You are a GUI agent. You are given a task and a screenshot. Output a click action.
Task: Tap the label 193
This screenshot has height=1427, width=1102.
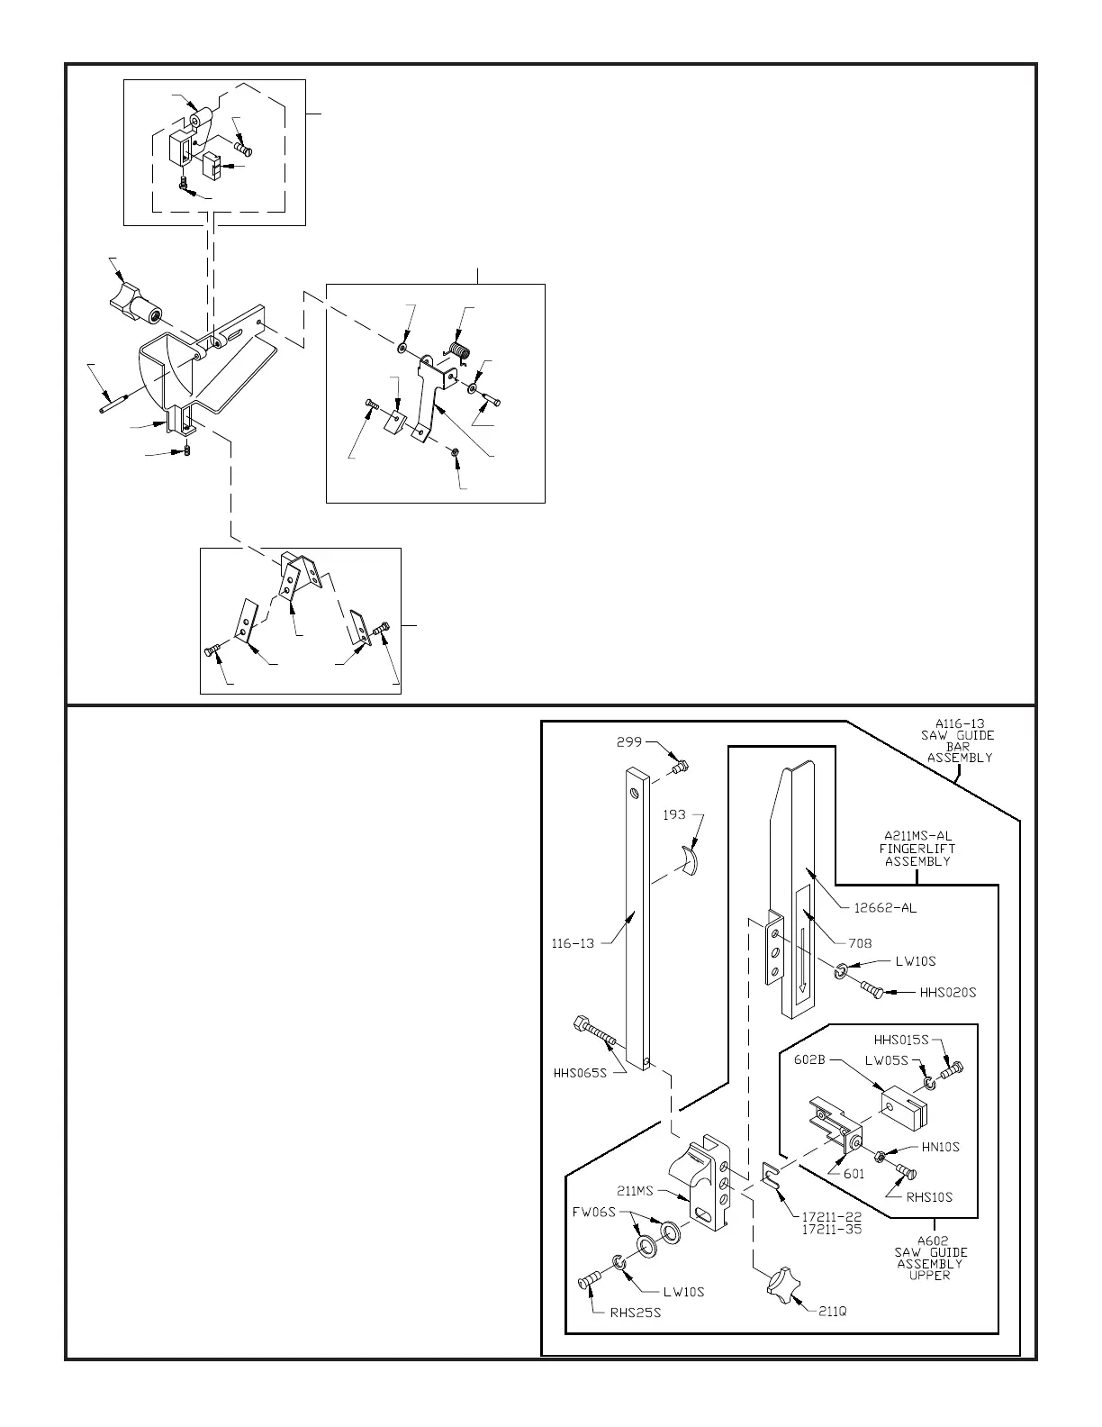675,814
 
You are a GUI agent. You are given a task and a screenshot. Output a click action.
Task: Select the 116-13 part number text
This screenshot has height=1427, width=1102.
573,944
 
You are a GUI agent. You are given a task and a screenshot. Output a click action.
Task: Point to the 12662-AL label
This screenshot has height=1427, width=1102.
884,908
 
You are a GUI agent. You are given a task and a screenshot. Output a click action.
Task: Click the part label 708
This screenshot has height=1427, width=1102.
859,943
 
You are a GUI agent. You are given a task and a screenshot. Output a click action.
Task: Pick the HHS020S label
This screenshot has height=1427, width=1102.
947,993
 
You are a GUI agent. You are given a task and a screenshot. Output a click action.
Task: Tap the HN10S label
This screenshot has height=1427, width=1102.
940,1147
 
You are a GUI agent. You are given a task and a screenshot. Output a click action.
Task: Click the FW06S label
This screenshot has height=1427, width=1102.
593,1212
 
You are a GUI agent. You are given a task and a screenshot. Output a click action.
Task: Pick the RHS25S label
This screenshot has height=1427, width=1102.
636,1313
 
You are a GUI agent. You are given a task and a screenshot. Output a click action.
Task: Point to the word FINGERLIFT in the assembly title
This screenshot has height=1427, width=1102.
917,848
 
